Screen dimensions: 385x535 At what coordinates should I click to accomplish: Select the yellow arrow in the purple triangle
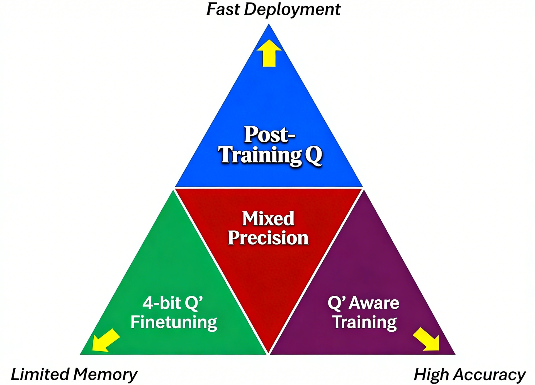click(427, 340)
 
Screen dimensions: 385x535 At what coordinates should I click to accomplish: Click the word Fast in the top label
click(223, 9)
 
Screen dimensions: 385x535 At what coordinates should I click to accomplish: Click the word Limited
click(40, 374)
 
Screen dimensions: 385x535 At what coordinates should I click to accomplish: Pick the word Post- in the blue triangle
click(269, 135)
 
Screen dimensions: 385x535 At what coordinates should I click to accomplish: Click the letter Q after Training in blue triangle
click(313, 155)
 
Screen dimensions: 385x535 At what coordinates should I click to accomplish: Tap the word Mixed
click(268, 218)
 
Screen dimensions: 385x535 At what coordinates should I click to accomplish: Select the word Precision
click(268, 238)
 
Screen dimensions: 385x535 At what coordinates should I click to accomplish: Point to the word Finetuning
click(174, 323)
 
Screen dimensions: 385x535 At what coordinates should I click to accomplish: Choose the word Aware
click(374, 303)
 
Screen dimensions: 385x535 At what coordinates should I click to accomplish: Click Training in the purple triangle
click(365, 323)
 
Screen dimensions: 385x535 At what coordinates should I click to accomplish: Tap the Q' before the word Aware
click(336, 303)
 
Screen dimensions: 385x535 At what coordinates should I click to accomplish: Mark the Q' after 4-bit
click(193, 303)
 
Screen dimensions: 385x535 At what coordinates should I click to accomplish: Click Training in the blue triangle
click(260, 155)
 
